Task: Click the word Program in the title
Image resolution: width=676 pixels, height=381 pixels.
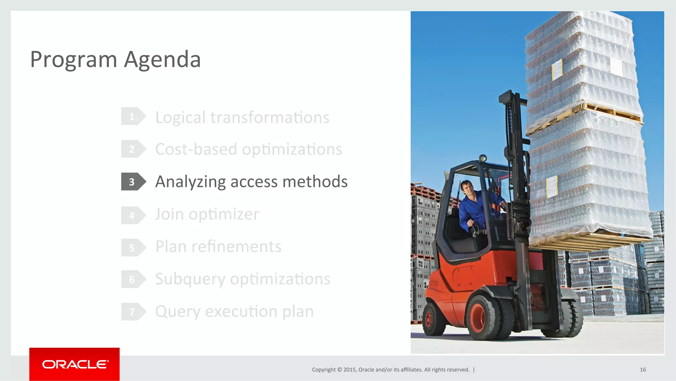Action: click(x=74, y=60)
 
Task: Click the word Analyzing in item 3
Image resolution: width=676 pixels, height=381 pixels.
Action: click(x=190, y=182)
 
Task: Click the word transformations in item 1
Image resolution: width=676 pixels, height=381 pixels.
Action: click(x=270, y=117)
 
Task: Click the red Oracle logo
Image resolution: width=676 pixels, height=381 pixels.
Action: click(x=75, y=364)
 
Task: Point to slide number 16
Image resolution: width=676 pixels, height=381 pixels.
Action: click(x=643, y=369)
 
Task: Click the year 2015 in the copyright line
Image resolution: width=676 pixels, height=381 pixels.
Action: click(x=349, y=369)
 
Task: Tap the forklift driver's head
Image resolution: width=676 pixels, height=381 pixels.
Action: click(x=467, y=188)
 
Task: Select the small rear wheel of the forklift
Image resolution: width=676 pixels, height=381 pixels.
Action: click(x=429, y=319)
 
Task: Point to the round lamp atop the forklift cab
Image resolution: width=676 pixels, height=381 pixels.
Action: click(x=483, y=158)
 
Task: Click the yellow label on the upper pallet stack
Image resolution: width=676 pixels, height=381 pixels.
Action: click(x=557, y=69)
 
